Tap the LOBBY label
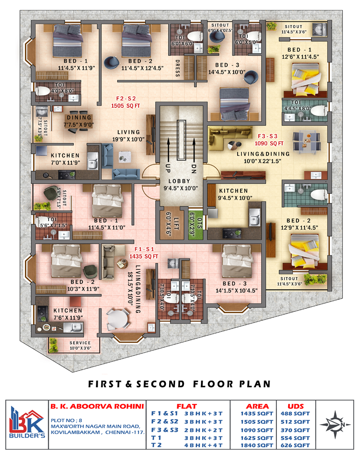click(x=179, y=181)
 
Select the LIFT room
click(x=172, y=223)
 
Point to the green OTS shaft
click(x=196, y=224)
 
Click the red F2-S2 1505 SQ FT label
click(x=125, y=102)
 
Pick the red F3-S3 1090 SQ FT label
click(x=269, y=140)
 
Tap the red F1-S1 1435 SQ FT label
click(x=144, y=253)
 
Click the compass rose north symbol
click(x=335, y=425)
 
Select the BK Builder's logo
click(x=27, y=423)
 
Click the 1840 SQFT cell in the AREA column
click(x=257, y=445)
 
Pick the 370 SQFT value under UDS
click(x=295, y=430)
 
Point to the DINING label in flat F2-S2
click(x=79, y=118)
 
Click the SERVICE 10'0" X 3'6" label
click(x=80, y=345)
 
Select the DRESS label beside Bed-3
click(x=178, y=68)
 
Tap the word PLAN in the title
click(x=255, y=384)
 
